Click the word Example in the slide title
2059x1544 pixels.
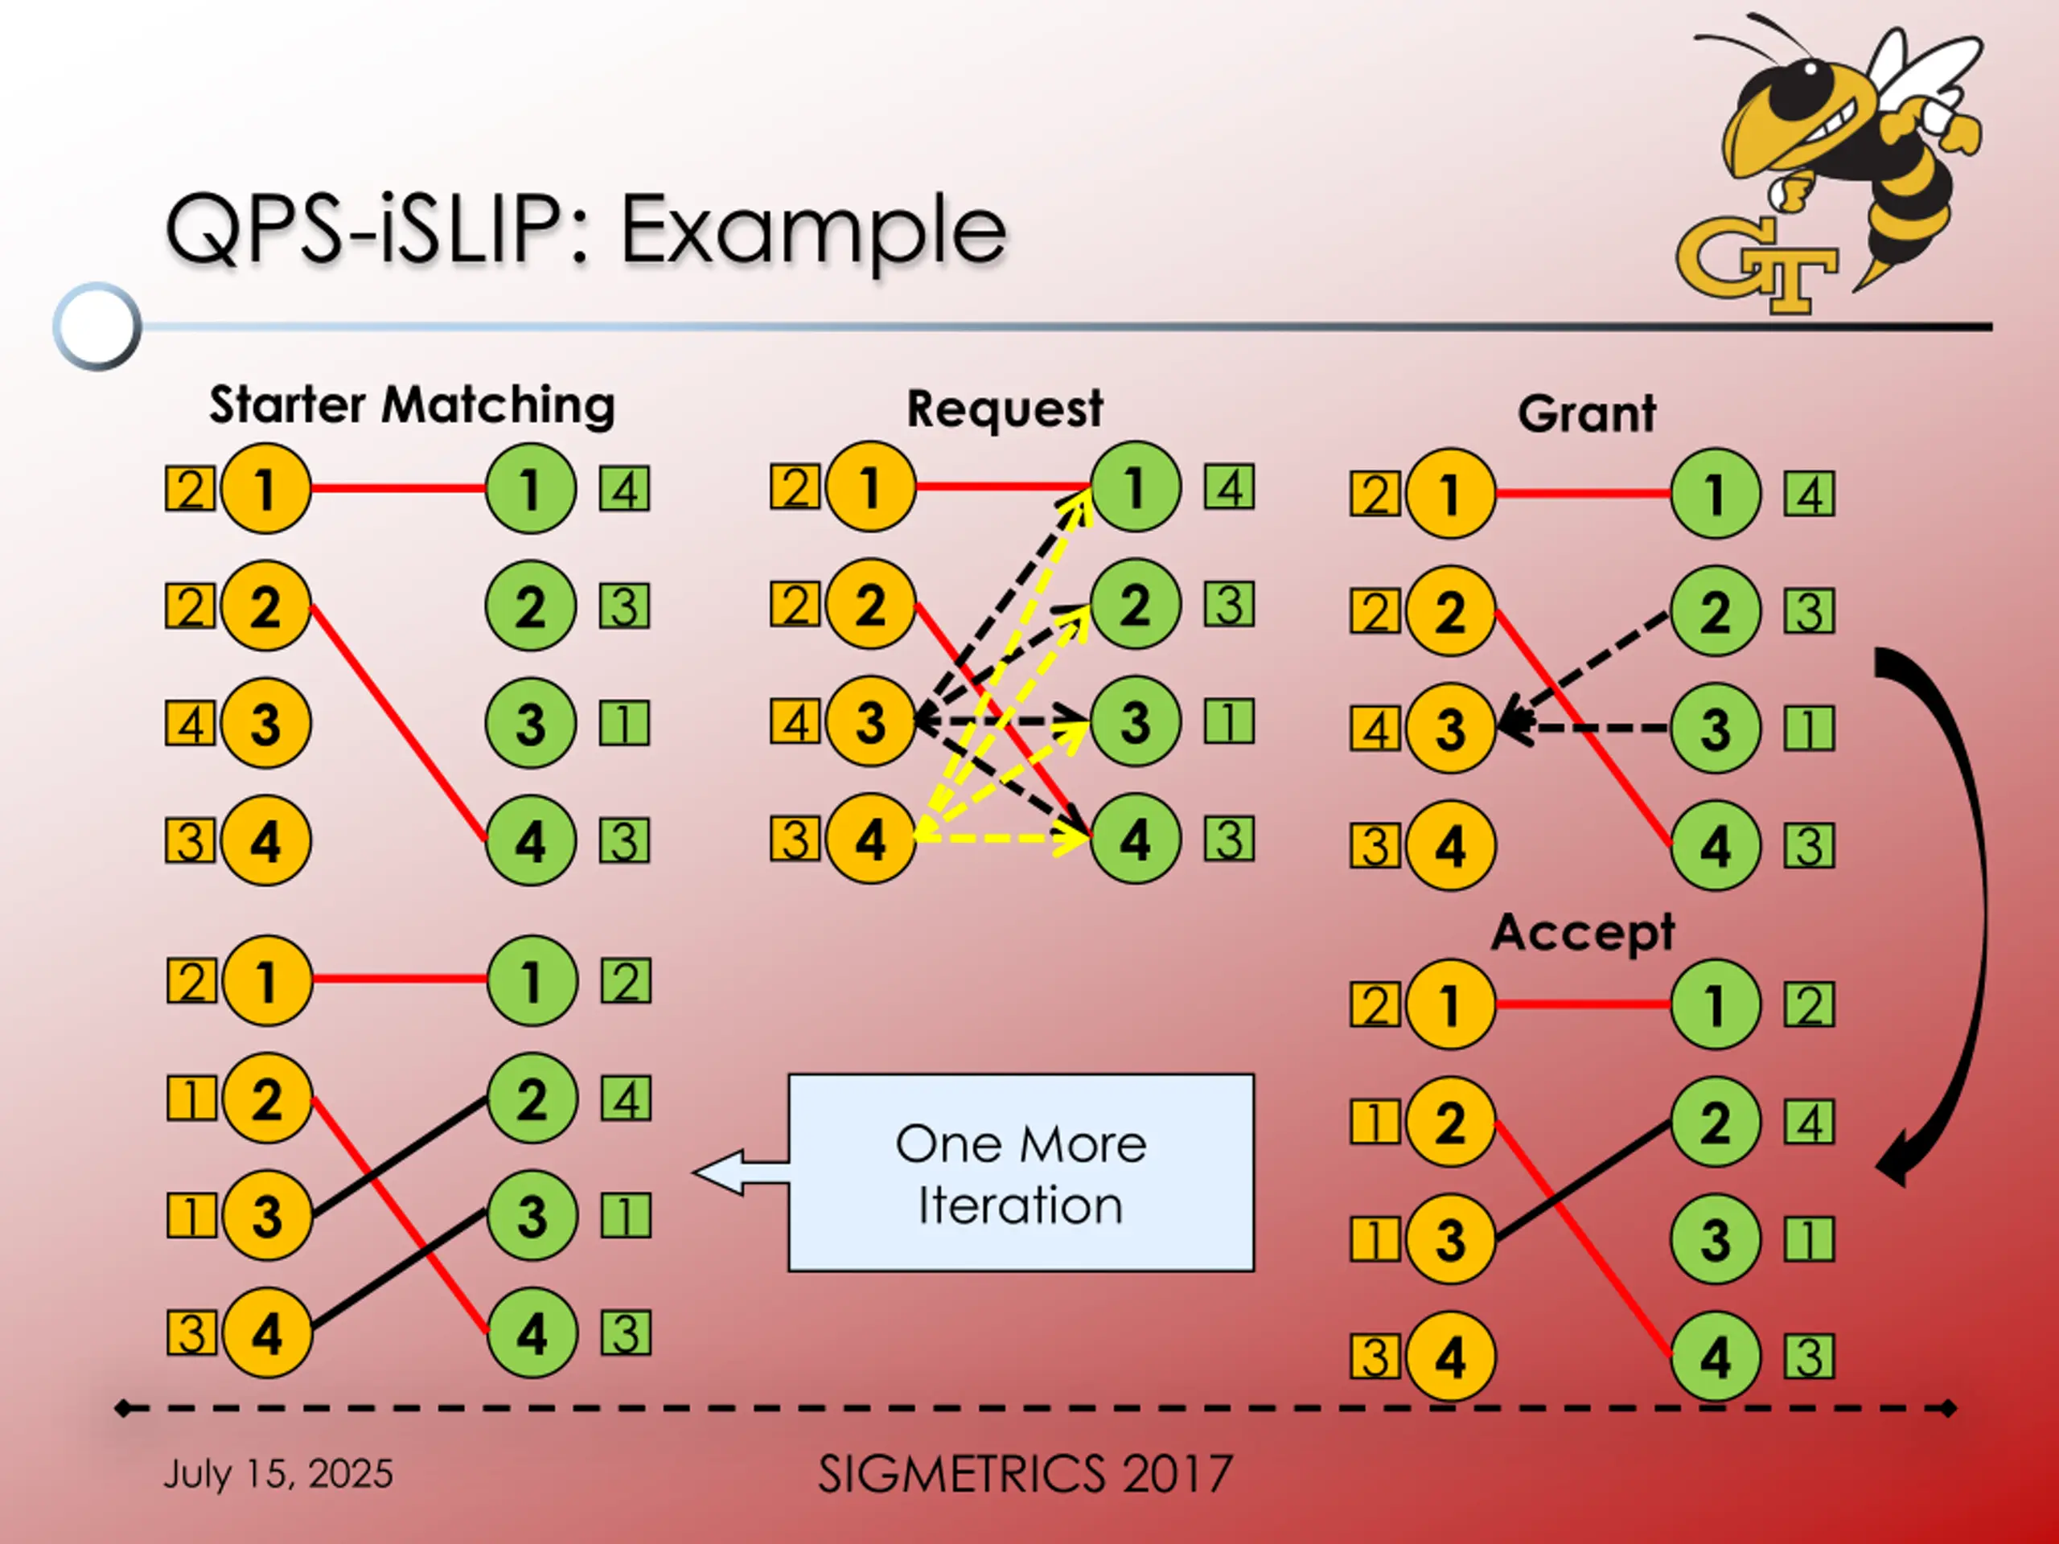[812, 229]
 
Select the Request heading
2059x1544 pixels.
[1005, 409]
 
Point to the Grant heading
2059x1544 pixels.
[1586, 413]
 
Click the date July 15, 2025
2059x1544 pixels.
[278, 1474]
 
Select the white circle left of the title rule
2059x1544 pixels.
[97, 326]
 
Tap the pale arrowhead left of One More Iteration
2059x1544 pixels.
[721, 1172]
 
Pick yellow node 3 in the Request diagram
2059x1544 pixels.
[870, 722]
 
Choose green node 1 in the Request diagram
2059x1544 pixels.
[1135, 487]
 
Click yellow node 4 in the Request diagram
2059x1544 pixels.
[870, 840]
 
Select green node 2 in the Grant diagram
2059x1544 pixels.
[1715, 611]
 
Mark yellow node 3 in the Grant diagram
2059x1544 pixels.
[1450, 729]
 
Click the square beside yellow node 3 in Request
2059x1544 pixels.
[795, 723]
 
